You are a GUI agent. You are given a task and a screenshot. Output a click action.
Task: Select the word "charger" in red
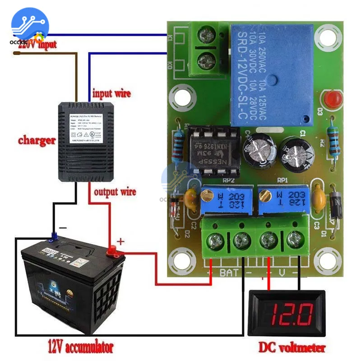coord(37,140)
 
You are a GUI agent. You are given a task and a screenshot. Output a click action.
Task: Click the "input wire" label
coord(111,94)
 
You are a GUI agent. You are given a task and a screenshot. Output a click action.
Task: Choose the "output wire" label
coord(115,192)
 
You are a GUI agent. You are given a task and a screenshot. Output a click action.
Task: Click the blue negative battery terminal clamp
coord(54,235)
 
